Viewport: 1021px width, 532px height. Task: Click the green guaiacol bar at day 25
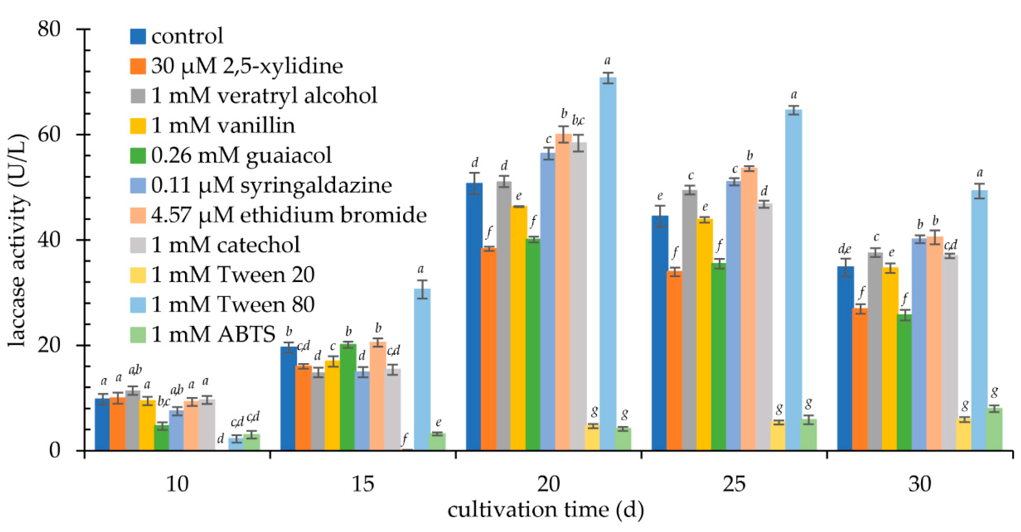pos(719,357)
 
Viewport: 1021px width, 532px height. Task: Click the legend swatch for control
pos(138,36)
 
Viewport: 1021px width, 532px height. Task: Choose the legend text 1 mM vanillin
pos(223,126)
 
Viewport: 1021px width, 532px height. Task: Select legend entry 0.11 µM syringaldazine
pos(271,185)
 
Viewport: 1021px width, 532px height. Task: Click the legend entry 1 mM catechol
pos(225,245)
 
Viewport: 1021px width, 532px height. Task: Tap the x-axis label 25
pos(734,484)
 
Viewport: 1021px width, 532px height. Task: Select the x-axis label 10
pos(177,484)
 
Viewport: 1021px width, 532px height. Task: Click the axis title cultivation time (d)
pos(545,510)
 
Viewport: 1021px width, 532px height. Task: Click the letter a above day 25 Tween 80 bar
pos(794,95)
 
